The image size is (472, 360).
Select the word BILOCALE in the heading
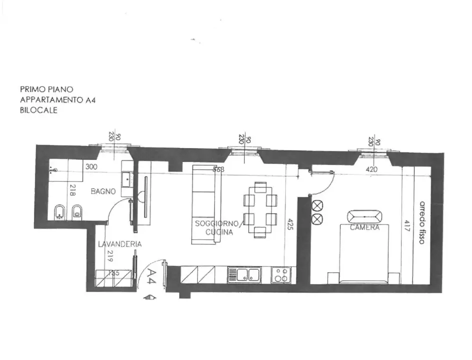(x=38, y=110)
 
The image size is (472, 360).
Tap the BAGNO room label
(x=103, y=191)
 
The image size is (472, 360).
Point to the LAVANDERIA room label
(x=119, y=244)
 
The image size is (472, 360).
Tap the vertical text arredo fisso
(x=422, y=222)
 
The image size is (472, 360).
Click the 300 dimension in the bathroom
(x=91, y=167)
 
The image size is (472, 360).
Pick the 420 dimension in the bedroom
(x=371, y=169)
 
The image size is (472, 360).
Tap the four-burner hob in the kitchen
(x=280, y=275)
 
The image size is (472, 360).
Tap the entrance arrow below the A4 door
(x=149, y=297)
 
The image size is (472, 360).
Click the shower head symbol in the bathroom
(x=54, y=170)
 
